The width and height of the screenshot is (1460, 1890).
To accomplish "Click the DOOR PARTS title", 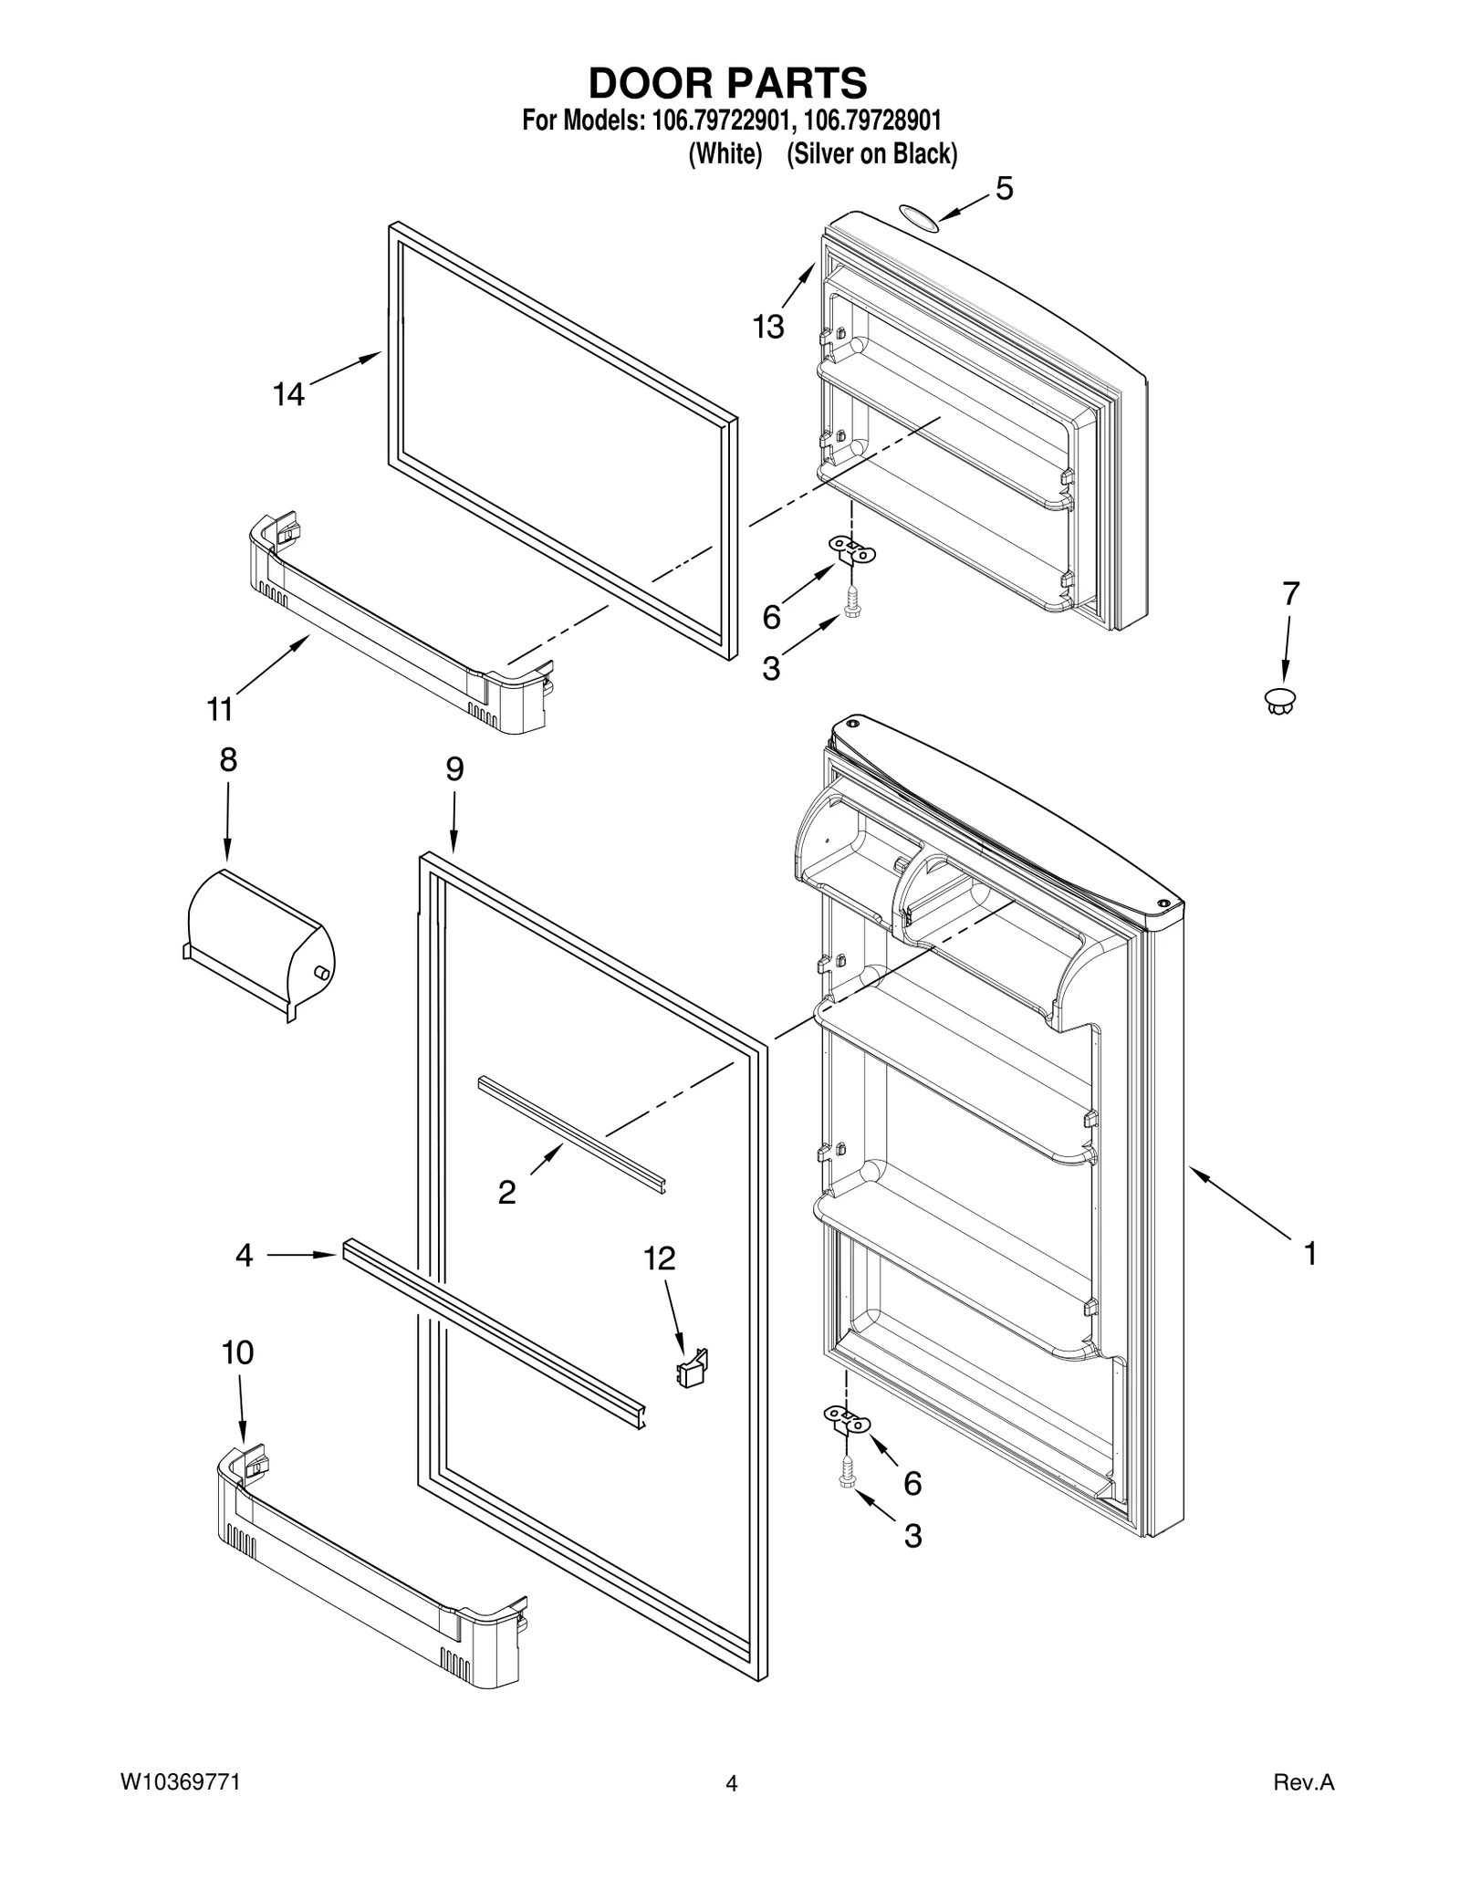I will coord(727,83).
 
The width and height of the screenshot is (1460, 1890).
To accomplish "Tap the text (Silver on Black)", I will coord(871,155).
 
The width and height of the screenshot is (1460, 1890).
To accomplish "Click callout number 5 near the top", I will coord(1004,189).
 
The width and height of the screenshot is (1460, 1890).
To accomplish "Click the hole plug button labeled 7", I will coord(1280,701).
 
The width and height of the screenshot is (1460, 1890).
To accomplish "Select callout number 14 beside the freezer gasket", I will coord(288,394).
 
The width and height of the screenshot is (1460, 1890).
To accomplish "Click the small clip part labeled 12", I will coord(693,1370).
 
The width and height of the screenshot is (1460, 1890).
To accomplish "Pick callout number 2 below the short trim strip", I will coord(506,1192).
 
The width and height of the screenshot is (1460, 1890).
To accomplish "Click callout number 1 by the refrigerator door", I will coord(1309,1254).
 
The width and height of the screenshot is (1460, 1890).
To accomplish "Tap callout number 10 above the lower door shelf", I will coord(238,1352).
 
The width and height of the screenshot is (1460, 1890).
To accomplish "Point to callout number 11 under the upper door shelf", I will coord(220,708).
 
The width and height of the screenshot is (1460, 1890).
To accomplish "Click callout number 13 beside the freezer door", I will coord(768,326).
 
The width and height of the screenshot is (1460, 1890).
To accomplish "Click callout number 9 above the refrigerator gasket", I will coord(454,769).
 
